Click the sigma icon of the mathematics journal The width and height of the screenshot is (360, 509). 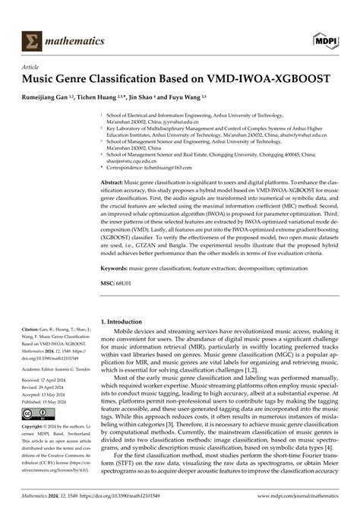coord(33,39)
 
